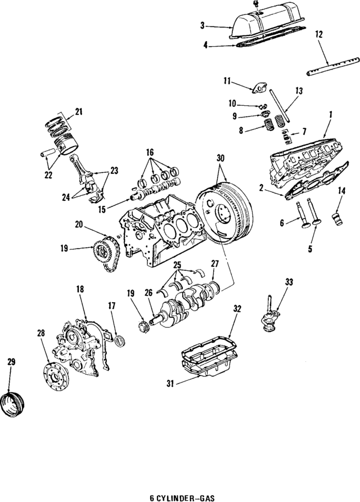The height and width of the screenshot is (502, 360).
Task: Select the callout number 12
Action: click(319, 35)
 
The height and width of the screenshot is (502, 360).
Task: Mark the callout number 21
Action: click(78, 111)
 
